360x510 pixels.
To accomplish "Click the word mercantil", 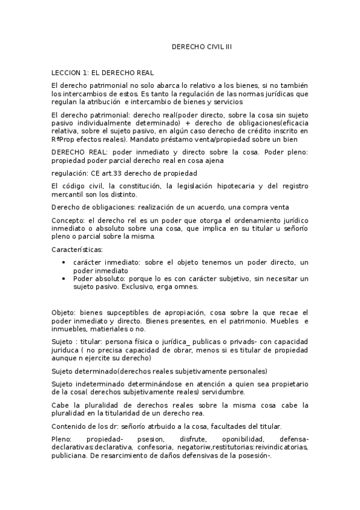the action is [70, 195].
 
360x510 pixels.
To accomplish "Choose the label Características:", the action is [77, 249].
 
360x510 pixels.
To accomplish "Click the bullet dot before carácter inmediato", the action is [64, 263].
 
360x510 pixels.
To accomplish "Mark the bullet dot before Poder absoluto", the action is [64, 278].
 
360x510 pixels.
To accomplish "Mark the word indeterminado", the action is [105, 384].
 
